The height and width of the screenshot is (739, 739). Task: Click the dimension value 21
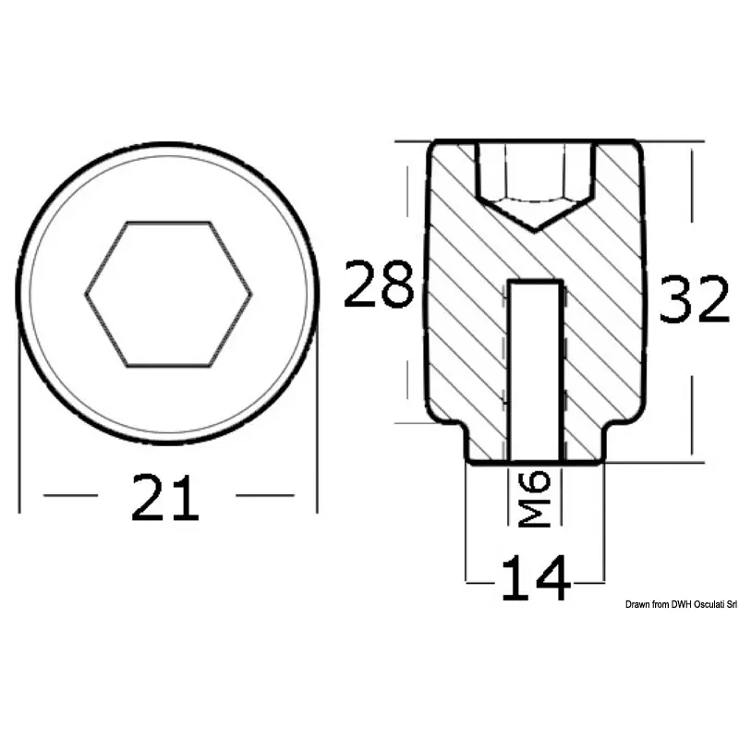165,497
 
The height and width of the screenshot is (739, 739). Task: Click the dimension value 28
379,284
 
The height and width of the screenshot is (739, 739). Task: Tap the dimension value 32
694,298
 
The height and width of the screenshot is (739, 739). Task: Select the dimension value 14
536,578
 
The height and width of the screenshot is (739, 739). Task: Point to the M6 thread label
535,499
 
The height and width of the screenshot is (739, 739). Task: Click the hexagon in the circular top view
169,294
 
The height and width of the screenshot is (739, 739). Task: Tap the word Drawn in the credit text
637,605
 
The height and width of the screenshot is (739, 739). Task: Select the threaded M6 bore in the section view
536,370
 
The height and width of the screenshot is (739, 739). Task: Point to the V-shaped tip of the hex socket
535,232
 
